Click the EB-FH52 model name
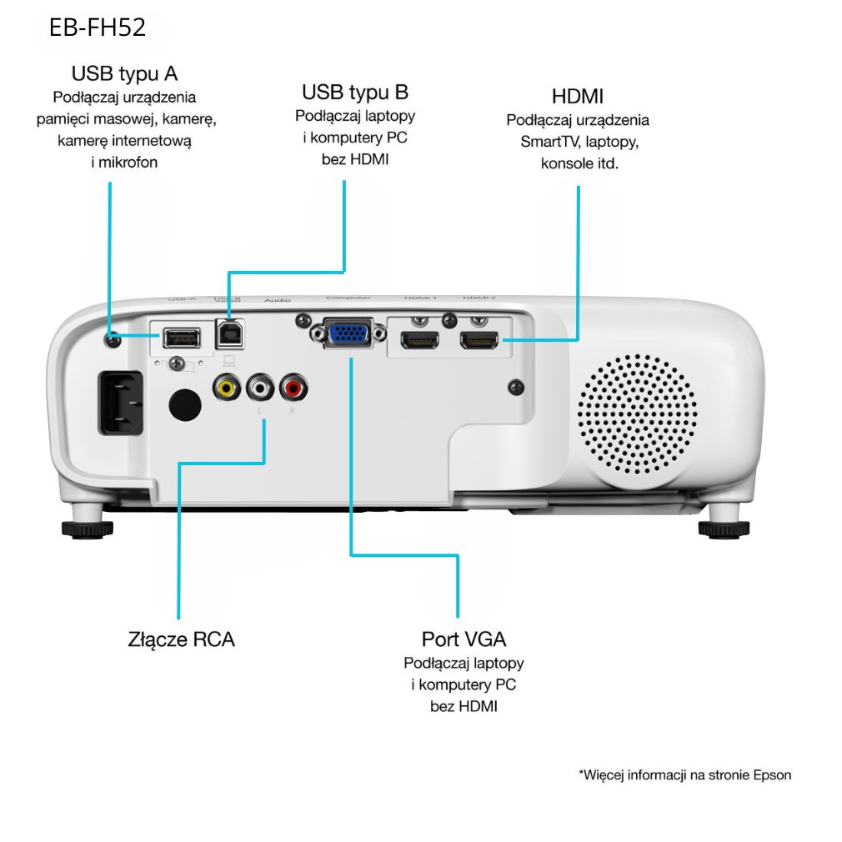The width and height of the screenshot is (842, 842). tap(98, 28)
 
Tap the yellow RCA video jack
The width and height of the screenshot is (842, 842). tap(225, 387)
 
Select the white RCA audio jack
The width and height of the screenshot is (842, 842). tap(260, 387)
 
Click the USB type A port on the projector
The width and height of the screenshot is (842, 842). tap(181, 338)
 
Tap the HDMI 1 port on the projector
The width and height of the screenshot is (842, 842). tap(419, 340)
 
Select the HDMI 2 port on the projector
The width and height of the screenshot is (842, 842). tap(479, 340)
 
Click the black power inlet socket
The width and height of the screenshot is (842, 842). tap(121, 402)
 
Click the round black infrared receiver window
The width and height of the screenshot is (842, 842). tap(184, 403)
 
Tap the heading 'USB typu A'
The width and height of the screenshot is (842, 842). tap(125, 73)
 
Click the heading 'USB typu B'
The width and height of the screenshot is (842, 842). tap(355, 92)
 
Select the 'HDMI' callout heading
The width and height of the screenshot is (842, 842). tap(578, 95)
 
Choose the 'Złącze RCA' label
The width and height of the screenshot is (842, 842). tap(182, 639)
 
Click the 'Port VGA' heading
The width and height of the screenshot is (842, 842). tap(464, 639)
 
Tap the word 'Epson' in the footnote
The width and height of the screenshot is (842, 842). tap(772, 774)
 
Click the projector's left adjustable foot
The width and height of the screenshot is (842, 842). tap(87, 528)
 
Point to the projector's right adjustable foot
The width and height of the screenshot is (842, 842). tap(723, 529)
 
